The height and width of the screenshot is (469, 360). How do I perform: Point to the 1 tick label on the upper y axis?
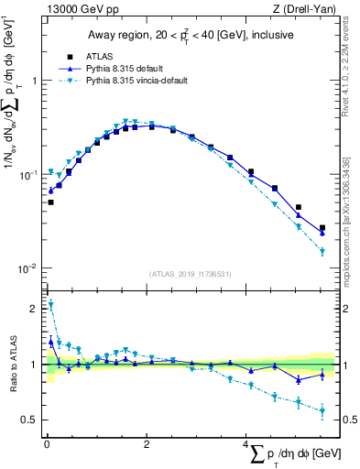(35, 81)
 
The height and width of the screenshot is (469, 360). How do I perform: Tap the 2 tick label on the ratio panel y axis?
(35, 309)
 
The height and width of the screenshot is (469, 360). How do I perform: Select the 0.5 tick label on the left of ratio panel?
(30, 420)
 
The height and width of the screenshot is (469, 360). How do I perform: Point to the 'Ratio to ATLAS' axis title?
(12, 365)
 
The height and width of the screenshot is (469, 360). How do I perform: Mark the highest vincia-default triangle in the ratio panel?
(50, 305)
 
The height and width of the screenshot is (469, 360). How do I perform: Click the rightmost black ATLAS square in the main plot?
(322, 228)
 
